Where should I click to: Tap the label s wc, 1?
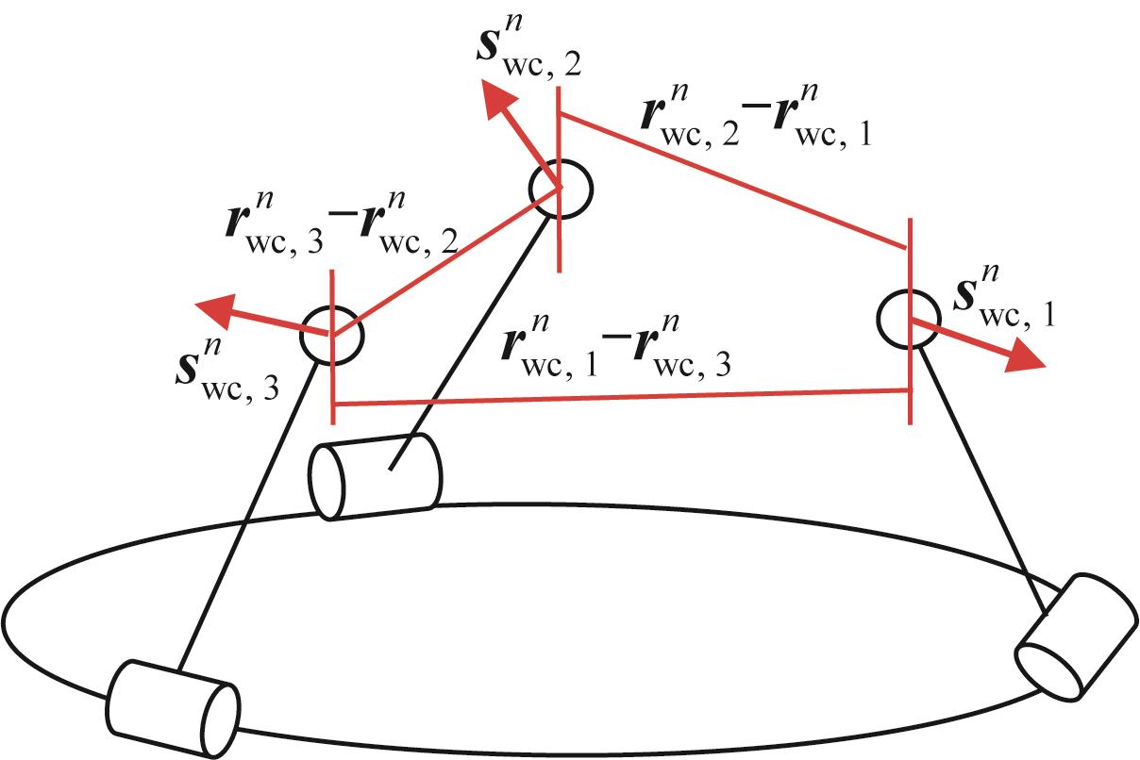pos(998,300)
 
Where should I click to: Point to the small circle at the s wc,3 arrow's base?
pos(331,336)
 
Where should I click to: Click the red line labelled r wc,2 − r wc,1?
pos(735,179)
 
